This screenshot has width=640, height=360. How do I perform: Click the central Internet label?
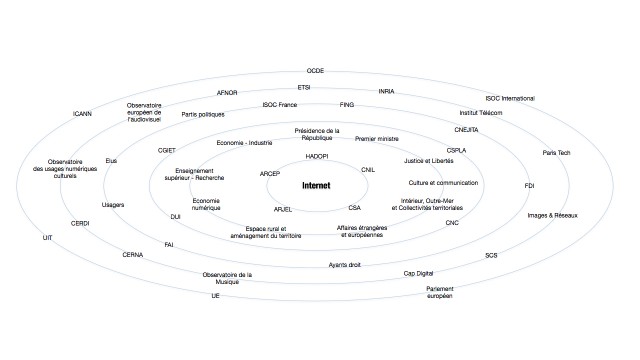pos(319,186)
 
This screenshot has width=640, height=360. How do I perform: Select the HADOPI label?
pos(317,157)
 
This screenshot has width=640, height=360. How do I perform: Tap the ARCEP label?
pos(269,174)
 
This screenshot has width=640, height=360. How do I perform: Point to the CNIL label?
pos(368,170)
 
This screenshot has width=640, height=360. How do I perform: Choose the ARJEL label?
pos(283,209)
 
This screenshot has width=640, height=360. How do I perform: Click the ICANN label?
pos(84,114)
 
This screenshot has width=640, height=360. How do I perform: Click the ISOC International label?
pos(510,99)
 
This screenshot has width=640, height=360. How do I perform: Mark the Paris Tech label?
pos(556,153)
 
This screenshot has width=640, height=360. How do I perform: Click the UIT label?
pos(47,238)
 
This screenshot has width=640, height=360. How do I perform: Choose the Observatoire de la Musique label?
pos(227,279)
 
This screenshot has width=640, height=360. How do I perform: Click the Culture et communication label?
pos(442,183)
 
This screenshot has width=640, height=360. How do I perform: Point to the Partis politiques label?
pos(201,114)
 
